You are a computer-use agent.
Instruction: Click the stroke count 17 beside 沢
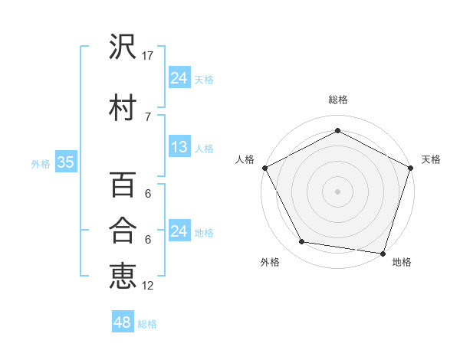click(148, 56)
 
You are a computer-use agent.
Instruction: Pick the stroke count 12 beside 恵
click(148, 286)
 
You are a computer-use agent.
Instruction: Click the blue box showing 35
click(65, 162)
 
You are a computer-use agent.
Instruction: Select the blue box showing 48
click(122, 322)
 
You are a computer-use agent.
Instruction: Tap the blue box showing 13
click(179, 147)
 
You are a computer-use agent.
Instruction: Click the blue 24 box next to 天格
click(179, 77)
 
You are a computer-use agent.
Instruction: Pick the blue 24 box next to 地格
click(179, 231)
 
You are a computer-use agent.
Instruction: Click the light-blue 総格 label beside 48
click(148, 324)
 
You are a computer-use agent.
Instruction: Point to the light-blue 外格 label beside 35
click(41, 163)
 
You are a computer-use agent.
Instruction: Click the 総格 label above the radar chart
click(338, 100)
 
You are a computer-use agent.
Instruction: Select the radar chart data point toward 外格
click(302, 242)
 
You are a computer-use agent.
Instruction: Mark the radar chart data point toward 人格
click(264, 168)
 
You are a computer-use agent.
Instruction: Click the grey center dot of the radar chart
click(338, 191)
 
